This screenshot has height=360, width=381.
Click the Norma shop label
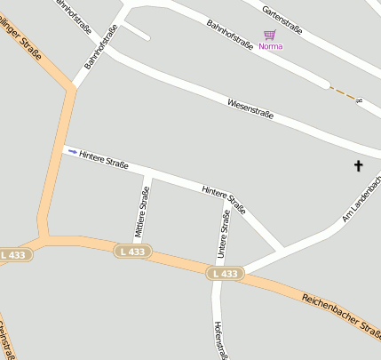click(271, 46)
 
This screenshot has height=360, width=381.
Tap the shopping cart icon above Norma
click(269, 35)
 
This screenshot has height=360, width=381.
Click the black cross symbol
click(359, 165)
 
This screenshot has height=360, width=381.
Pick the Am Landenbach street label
click(362, 198)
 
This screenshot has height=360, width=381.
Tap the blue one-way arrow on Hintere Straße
click(72, 151)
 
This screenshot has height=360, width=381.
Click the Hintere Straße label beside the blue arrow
click(104, 160)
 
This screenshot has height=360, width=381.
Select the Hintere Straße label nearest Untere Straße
click(224, 199)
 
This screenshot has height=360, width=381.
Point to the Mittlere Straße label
click(139, 214)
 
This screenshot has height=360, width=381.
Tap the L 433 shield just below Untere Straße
click(225, 274)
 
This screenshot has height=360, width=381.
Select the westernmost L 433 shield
click(15, 255)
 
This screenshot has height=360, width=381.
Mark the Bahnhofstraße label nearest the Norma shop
click(230, 36)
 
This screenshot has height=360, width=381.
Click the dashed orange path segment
click(346, 93)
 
